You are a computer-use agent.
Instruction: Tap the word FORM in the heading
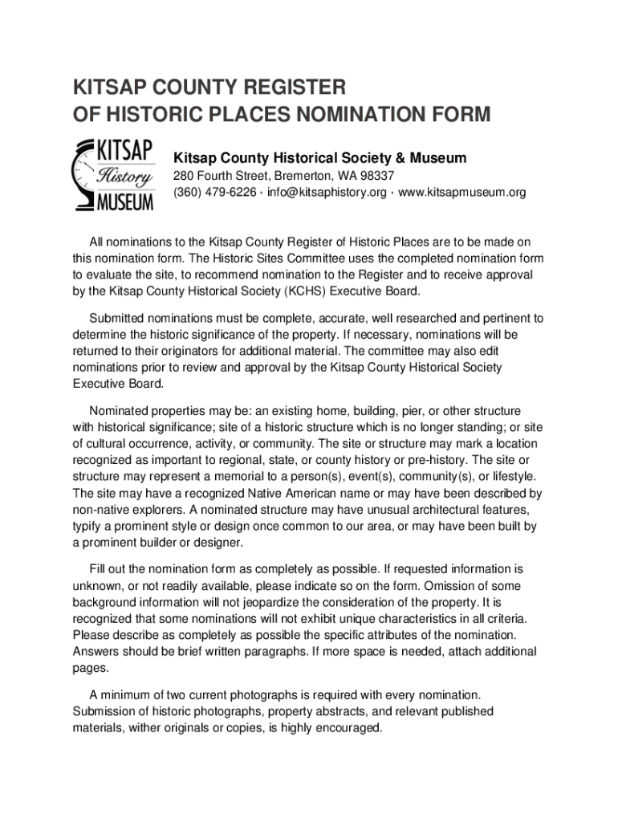[458, 115]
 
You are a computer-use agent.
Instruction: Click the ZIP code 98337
[377, 176]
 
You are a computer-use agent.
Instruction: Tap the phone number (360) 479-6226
[215, 193]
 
